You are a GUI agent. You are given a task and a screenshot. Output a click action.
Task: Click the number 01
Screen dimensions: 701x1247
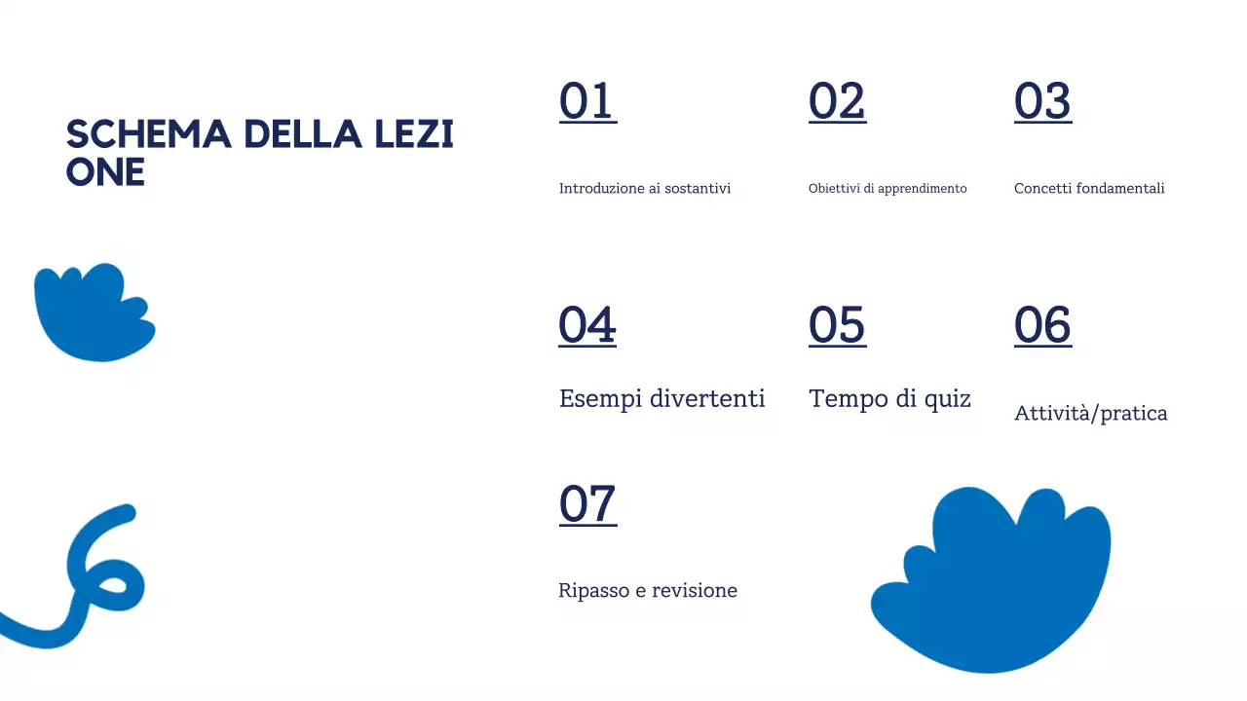click(587, 101)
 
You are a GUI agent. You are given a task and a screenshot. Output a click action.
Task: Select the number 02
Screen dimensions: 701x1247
click(837, 101)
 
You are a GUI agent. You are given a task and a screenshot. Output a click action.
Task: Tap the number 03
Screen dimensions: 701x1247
click(1042, 101)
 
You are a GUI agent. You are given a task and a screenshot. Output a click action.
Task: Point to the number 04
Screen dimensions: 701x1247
click(587, 325)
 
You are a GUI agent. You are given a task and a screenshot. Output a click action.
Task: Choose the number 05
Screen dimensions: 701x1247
click(837, 325)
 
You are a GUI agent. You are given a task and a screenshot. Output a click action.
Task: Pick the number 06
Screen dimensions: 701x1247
click(1042, 325)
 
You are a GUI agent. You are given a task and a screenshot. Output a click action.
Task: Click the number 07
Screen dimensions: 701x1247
click(587, 504)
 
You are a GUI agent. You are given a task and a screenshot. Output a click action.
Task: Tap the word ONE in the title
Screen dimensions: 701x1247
click(105, 172)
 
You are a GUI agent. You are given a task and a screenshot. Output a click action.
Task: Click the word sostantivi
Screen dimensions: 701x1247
click(698, 189)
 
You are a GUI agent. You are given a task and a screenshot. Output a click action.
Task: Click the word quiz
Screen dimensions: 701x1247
click(948, 399)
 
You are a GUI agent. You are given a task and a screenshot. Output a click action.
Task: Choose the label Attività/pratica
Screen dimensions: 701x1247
click(1090, 414)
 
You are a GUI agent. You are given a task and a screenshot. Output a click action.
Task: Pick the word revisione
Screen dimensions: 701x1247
click(695, 591)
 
